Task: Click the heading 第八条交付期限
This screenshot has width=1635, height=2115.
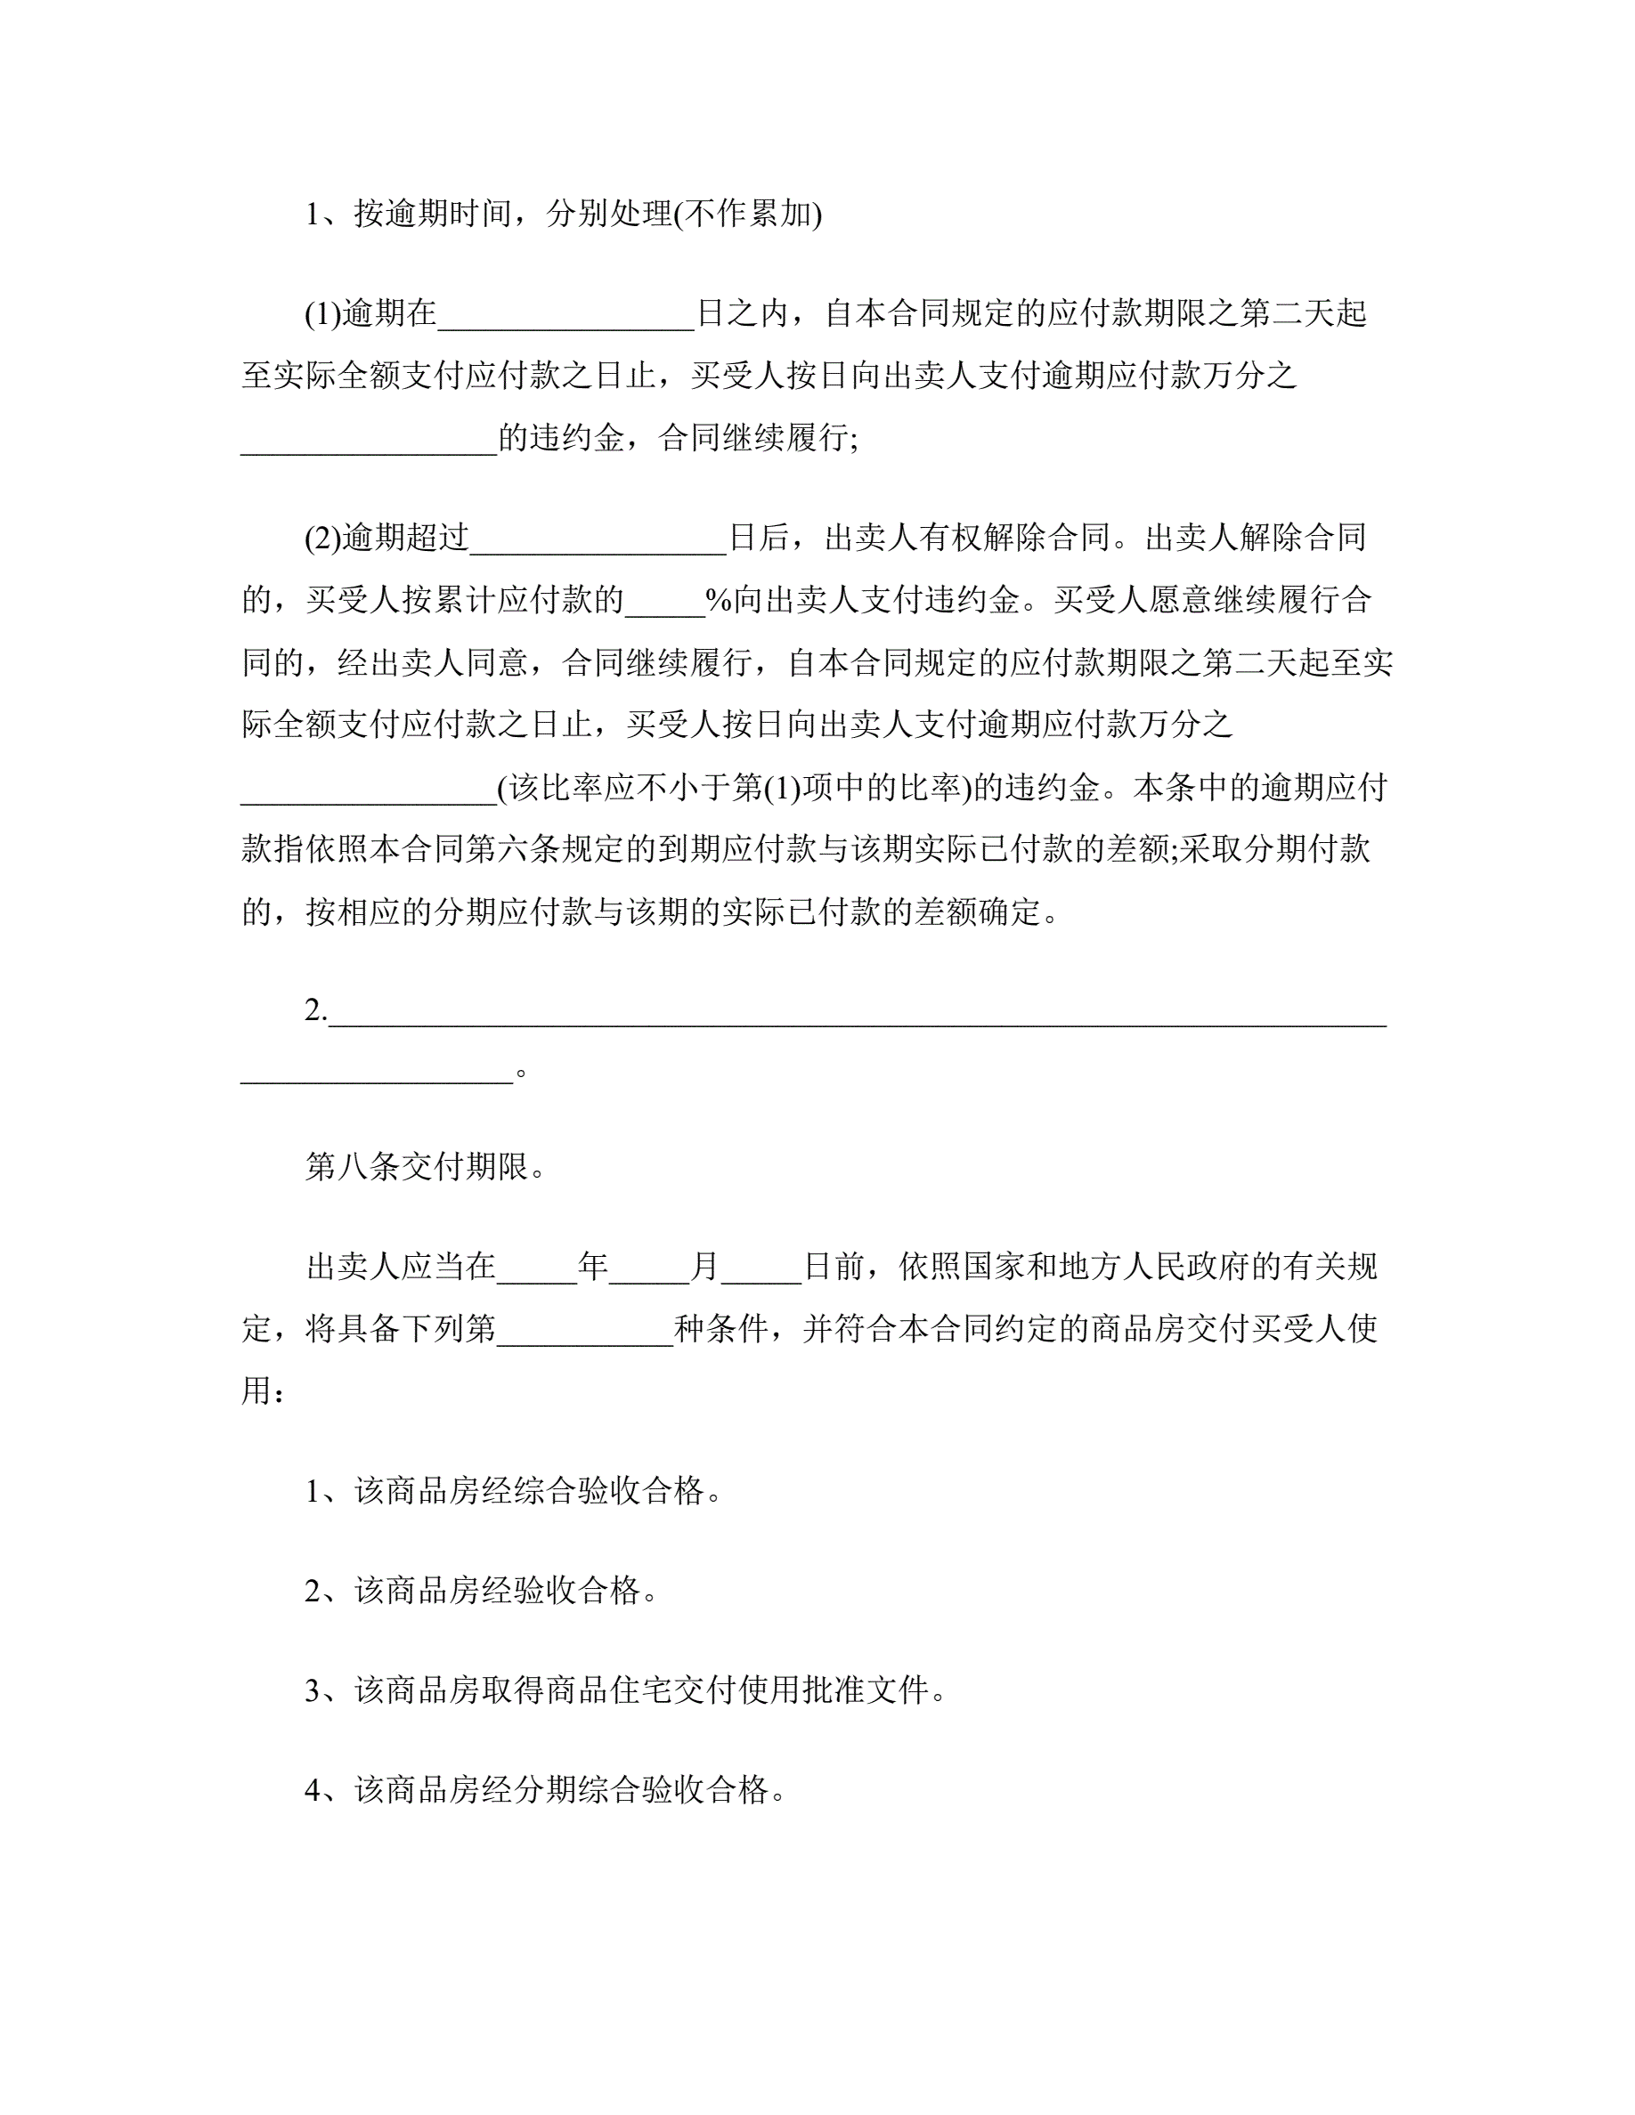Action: click(427, 1167)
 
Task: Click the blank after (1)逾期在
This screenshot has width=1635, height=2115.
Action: click(565, 316)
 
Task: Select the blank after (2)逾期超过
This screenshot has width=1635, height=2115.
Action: click(598, 539)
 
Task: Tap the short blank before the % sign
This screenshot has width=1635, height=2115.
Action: click(664, 603)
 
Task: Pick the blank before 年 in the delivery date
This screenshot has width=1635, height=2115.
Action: click(537, 1268)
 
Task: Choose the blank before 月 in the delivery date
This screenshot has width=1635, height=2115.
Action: click(649, 1268)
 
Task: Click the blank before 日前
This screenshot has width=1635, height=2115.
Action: click(761, 1268)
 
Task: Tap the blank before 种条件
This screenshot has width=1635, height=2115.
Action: click(584, 1332)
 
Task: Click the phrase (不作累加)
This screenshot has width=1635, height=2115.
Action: click(748, 214)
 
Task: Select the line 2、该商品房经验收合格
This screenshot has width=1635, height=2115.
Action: click(482, 1590)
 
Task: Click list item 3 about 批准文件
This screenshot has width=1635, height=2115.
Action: click(626, 1690)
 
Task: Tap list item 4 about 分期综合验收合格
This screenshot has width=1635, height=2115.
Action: click(545, 1789)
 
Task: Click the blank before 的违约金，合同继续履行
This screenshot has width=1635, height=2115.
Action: click(369, 441)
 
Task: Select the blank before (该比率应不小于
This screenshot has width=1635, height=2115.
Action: click(369, 790)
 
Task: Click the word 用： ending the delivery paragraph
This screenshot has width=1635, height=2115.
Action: click(263, 1392)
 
